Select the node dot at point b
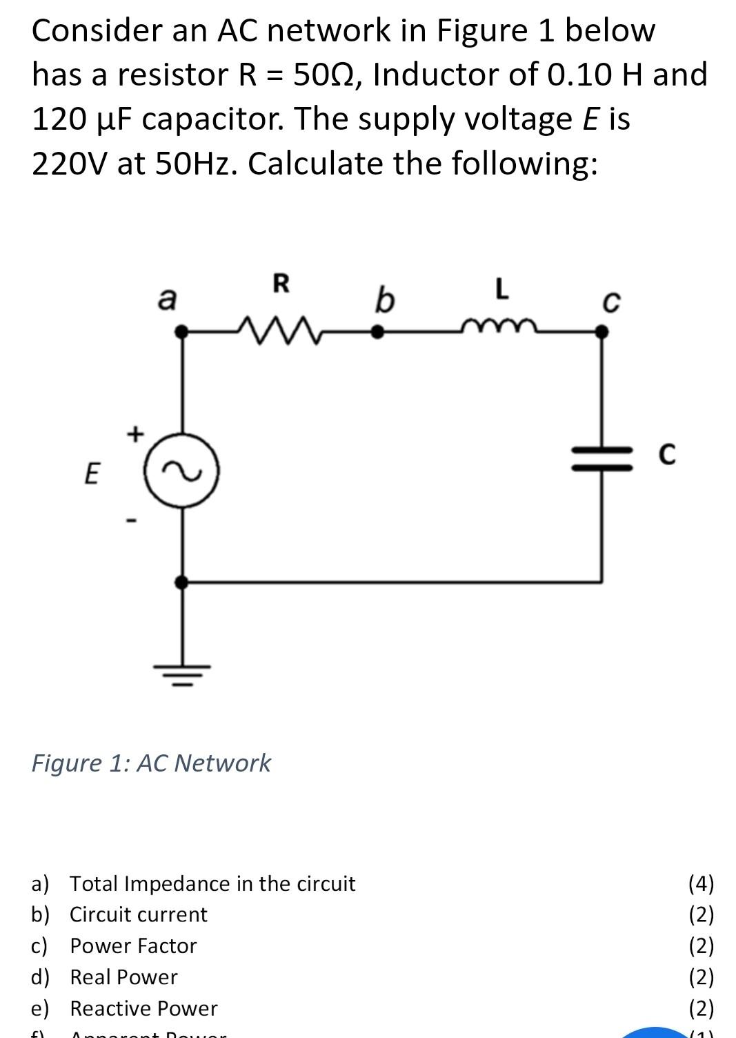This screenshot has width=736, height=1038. [377, 332]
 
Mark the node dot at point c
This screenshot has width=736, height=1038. [602, 332]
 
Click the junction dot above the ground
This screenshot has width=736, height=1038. [181, 582]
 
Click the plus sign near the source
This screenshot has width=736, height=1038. [135, 434]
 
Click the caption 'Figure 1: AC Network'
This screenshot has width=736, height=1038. [151, 763]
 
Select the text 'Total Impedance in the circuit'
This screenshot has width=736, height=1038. [212, 883]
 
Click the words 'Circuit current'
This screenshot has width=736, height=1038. [138, 914]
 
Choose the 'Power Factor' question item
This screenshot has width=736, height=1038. [133, 946]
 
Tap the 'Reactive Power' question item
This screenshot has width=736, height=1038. [143, 1008]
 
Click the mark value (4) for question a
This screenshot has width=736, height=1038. [702, 883]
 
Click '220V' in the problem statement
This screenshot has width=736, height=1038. [70, 164]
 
